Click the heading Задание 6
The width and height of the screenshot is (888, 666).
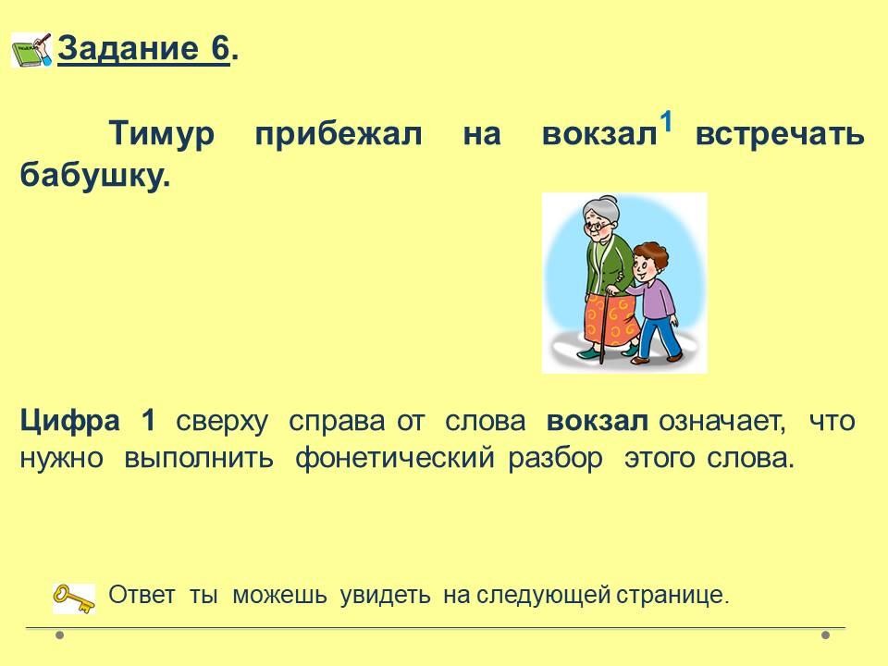(148, 48)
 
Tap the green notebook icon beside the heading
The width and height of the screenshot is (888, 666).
(31, 50)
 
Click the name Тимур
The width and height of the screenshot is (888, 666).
(161, 135)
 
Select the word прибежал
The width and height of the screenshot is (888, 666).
(339, 135)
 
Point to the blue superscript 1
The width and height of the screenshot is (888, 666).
(667, 122)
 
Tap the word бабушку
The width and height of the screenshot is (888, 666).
(95, 175)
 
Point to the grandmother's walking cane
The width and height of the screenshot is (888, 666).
(605, 327)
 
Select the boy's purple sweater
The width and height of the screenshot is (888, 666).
(655, 294)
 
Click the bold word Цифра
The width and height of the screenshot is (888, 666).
(69, 422)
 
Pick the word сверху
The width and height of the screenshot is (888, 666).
(222, 423)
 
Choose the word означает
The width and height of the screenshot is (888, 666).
(722, 423)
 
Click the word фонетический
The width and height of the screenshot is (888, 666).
(395, 458)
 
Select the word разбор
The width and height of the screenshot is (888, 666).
(555, 458)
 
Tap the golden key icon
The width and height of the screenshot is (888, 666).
(74, 598)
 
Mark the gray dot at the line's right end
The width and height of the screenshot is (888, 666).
(826, 635)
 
